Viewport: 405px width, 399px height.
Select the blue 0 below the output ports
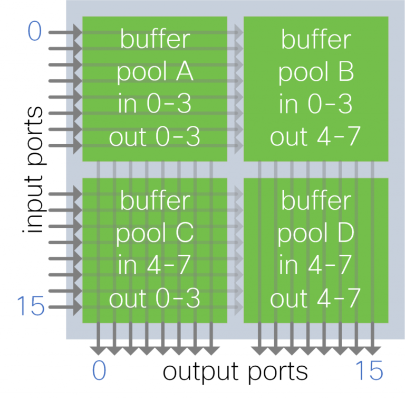(x=99, y=371)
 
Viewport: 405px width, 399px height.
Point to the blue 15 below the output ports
(x=369, y=371)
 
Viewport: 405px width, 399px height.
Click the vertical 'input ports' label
(x=34, y=169)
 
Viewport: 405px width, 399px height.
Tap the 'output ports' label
(x=235, y=371)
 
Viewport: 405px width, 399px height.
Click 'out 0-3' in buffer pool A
(x=155, y=138)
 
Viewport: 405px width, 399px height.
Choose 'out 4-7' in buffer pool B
(x=315, y=138)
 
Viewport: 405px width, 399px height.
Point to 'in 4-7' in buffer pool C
(x=155, y=266)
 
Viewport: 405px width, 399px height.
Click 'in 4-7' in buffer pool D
(x=315, y=266)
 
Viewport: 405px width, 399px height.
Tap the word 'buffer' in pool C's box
(x=155, y=201)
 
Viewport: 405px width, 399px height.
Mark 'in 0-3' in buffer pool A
(x=155, y=105)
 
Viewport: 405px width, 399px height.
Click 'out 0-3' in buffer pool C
(x=155, y=299)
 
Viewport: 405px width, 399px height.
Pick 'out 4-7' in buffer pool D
(x=315, y=299)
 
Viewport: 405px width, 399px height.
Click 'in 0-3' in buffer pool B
(x=315, y=105)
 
